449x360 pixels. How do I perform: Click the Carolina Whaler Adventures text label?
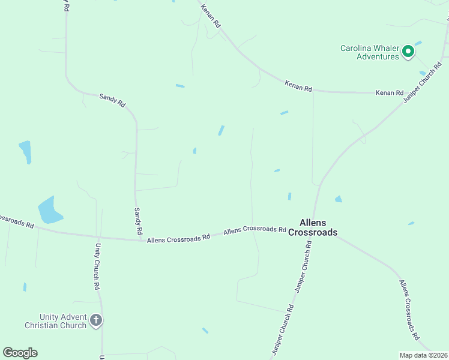pos(369,52)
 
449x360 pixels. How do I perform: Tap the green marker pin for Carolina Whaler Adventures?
pos(408,52)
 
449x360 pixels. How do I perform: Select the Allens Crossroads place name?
pos(313,227)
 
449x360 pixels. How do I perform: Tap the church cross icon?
pos(95,321)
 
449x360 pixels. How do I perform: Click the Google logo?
pos(20,353)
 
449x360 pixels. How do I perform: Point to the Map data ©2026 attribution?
pos(423,355)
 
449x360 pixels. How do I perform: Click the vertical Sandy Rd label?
pos(138,221)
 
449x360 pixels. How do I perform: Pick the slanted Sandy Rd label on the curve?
pos(112,100)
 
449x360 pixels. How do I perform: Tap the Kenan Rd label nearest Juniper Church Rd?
pos(390,93)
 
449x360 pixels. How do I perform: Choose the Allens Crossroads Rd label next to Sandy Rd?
pos(178,238)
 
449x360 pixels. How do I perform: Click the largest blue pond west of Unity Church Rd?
pos(49,210)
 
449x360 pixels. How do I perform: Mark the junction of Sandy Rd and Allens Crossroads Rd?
pos(136,240)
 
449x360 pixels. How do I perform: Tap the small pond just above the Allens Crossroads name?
pos(289,196)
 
